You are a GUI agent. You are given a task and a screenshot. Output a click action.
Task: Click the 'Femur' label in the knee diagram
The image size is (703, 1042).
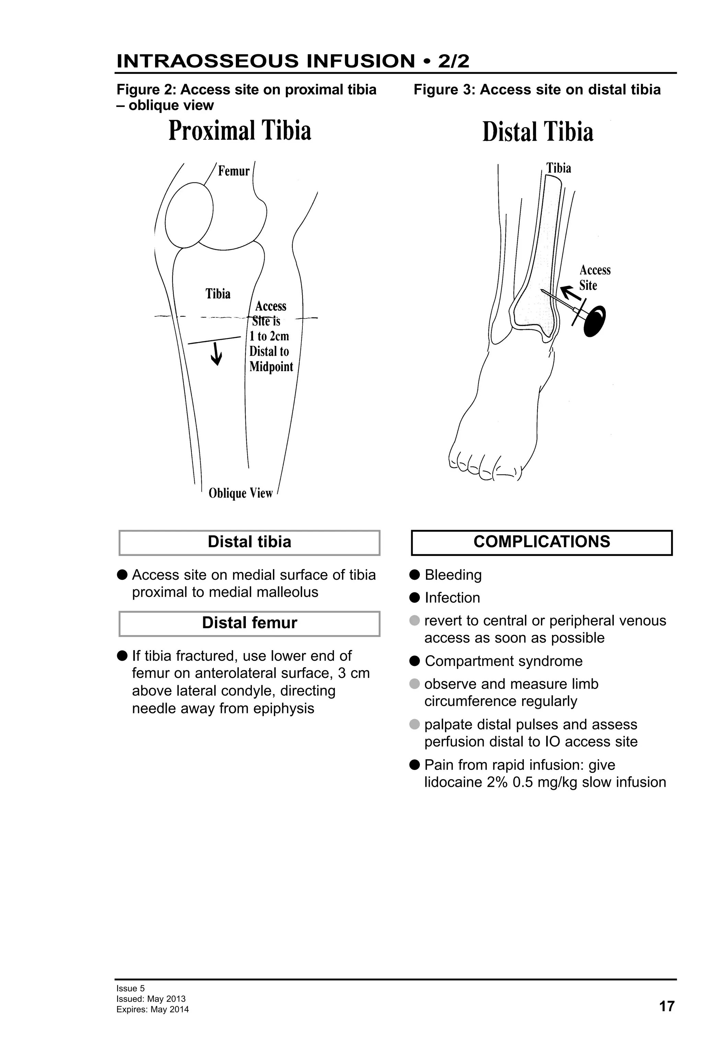coord(233,171)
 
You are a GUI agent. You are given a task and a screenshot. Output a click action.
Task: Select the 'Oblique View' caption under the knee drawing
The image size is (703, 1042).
coord(241,493)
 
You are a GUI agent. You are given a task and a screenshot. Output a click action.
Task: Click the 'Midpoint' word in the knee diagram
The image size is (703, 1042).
coord(271,367)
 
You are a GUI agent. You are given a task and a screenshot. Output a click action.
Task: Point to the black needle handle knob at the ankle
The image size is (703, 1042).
coord(595,320)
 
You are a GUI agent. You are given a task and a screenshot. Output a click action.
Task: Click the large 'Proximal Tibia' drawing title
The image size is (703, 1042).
coord(240,131)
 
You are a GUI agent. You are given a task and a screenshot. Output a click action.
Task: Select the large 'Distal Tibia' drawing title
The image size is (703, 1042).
coord(538,132)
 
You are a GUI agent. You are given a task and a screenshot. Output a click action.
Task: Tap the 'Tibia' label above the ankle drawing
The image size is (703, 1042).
coord(559,168)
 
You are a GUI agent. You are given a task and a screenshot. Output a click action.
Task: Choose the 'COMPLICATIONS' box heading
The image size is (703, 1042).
coord(542,542)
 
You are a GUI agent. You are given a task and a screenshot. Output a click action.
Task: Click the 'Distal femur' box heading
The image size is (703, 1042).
coord(250,623)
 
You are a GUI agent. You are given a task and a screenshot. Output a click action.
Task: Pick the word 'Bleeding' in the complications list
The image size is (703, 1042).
coord(453,575)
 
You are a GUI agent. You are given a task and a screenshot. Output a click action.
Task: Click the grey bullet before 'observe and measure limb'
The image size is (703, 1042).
coord(414,684)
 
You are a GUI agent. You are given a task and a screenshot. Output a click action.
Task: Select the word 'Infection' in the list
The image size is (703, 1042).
coord(452,598)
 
